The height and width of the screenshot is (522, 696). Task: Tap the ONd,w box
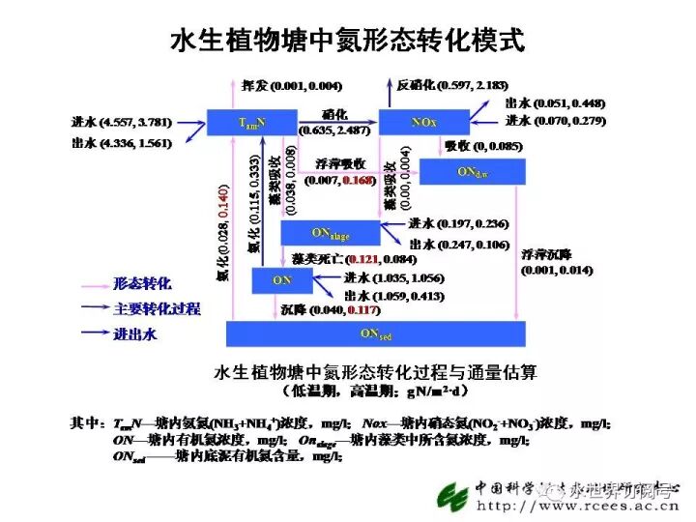472,172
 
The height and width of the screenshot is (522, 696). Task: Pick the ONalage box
330,233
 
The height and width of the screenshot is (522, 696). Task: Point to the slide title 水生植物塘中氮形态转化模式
348,41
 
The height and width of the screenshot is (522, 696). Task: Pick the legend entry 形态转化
142,284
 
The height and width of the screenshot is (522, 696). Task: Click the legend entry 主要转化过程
157,309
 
